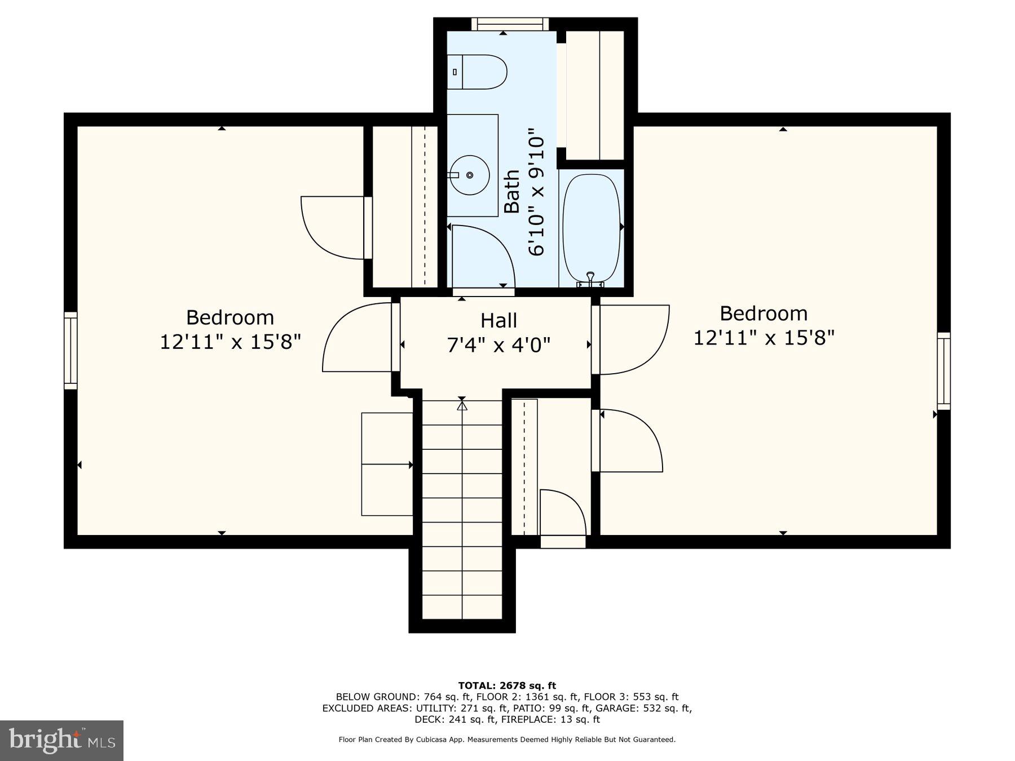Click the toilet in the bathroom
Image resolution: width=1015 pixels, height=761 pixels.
[477, 72]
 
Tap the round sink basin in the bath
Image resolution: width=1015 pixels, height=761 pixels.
[470, 175]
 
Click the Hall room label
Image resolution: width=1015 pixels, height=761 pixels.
[498, 320]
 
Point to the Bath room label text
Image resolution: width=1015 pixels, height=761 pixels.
[511, 192]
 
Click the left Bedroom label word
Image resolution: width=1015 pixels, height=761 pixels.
[230, 317]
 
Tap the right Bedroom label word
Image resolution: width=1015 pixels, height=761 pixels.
[764, 313]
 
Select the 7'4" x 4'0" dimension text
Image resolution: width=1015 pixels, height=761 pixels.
[498, 344]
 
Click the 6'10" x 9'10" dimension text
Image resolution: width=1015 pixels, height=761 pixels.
[537, 196]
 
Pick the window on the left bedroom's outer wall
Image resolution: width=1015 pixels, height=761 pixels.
[70, 351]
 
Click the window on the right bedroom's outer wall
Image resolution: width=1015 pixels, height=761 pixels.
[943, 371]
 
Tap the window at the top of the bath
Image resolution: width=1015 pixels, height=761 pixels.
[510, 24]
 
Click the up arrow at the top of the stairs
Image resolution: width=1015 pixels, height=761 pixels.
[462, 404]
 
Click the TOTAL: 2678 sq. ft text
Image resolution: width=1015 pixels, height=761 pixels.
[507, 685]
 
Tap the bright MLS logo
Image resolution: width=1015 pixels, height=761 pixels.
[62, 740]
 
